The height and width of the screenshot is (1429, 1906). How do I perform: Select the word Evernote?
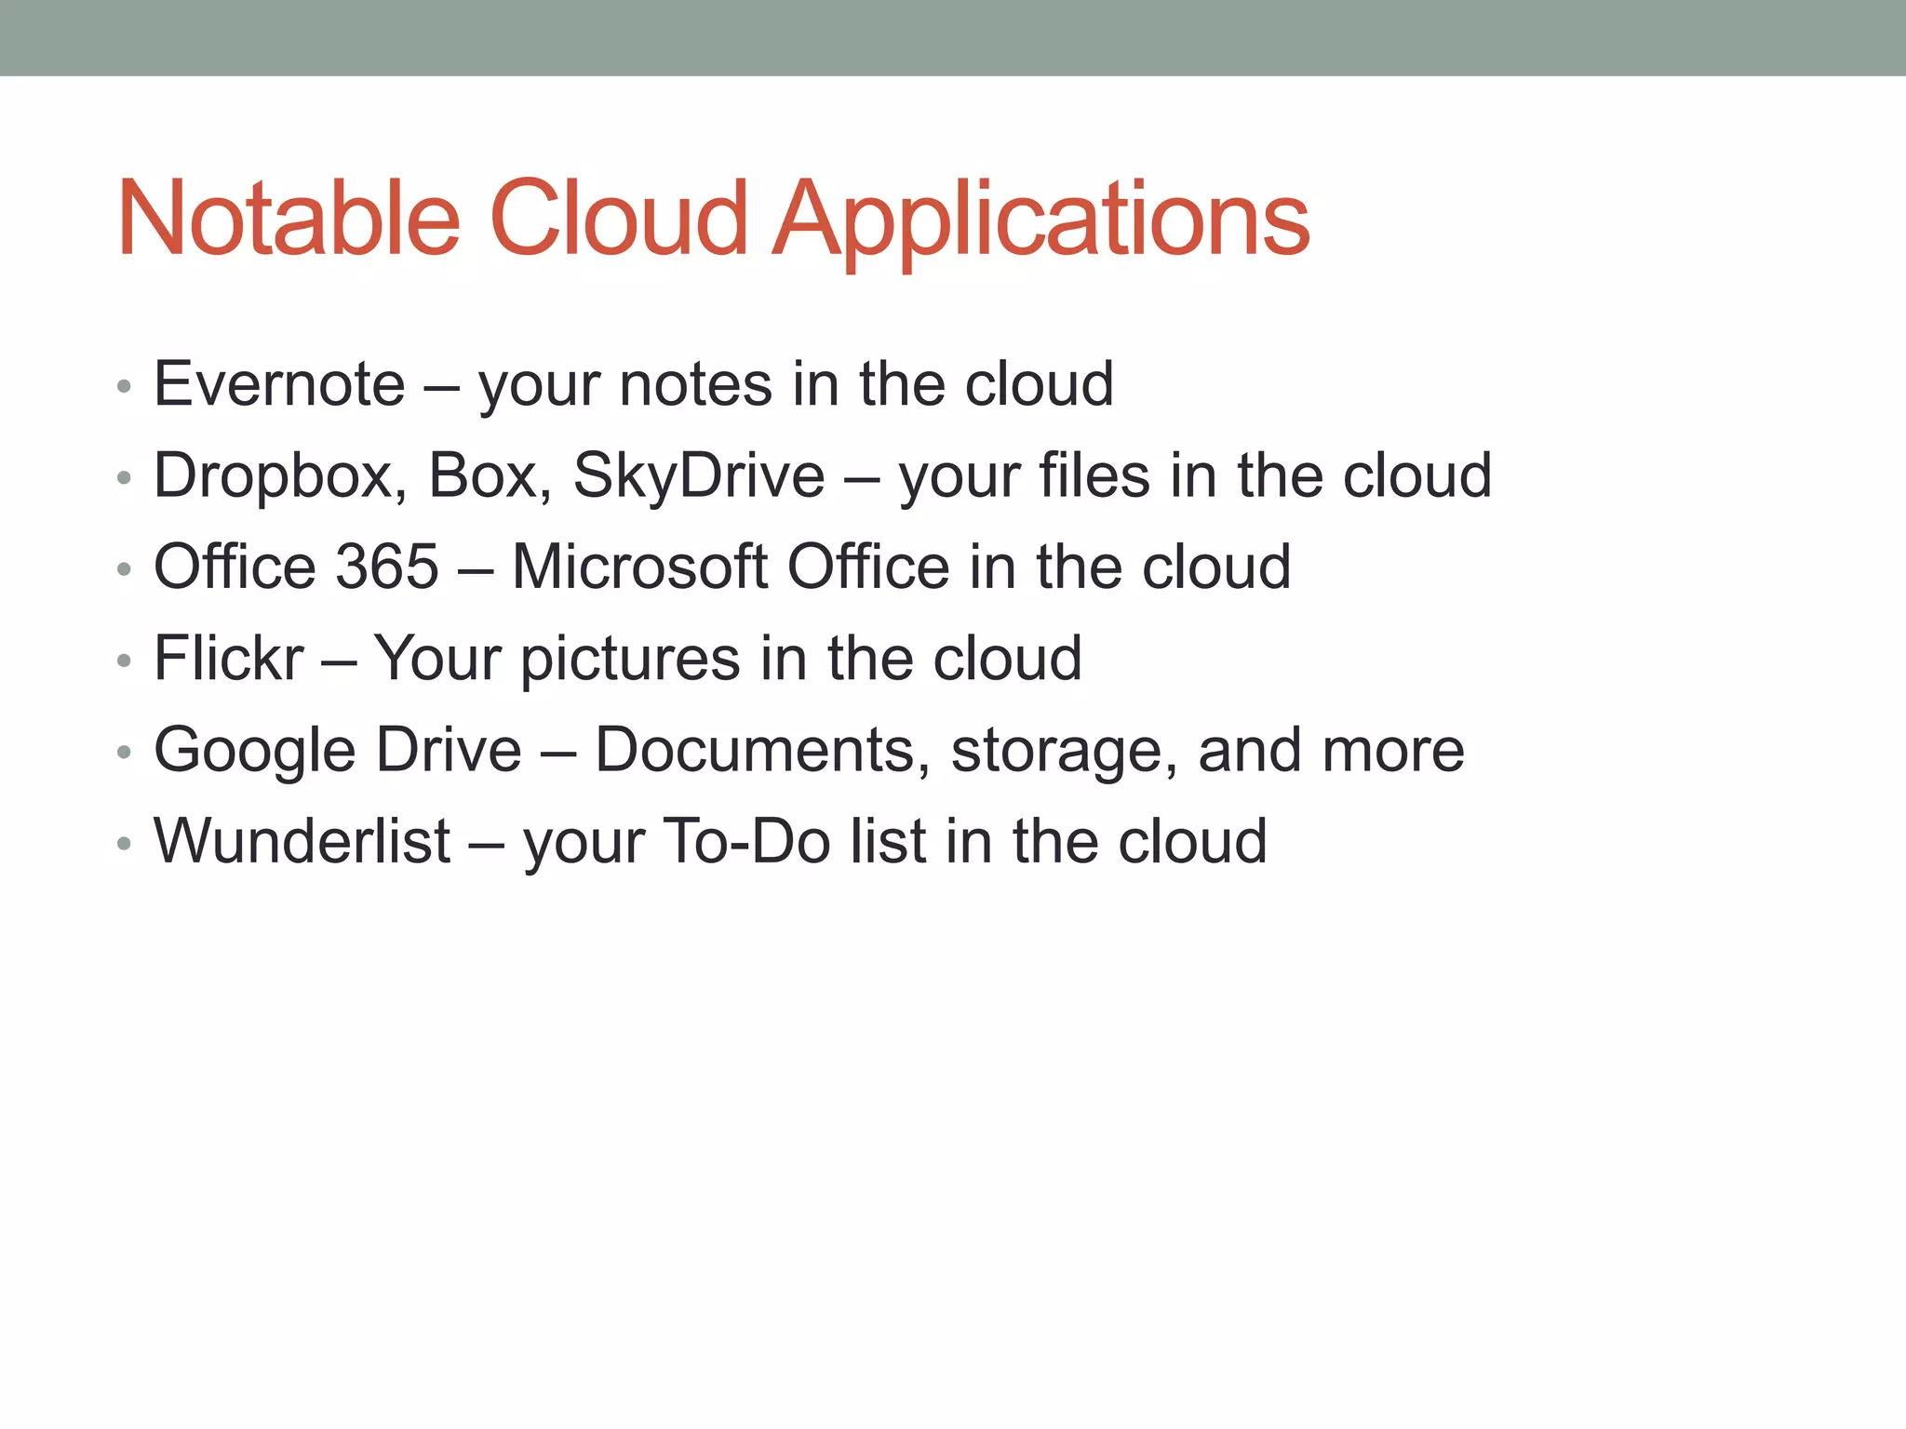coord(279,384)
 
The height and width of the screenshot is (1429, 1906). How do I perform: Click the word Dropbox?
coord(279,476)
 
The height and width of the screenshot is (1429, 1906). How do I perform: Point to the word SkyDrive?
coord(698,476)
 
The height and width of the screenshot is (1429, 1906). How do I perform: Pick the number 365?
coord(386,567)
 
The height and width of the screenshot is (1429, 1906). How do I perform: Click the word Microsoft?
coord(639,567)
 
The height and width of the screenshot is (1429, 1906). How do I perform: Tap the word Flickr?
coord(229,659)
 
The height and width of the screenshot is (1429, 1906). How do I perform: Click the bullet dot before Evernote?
coord(124,386)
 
